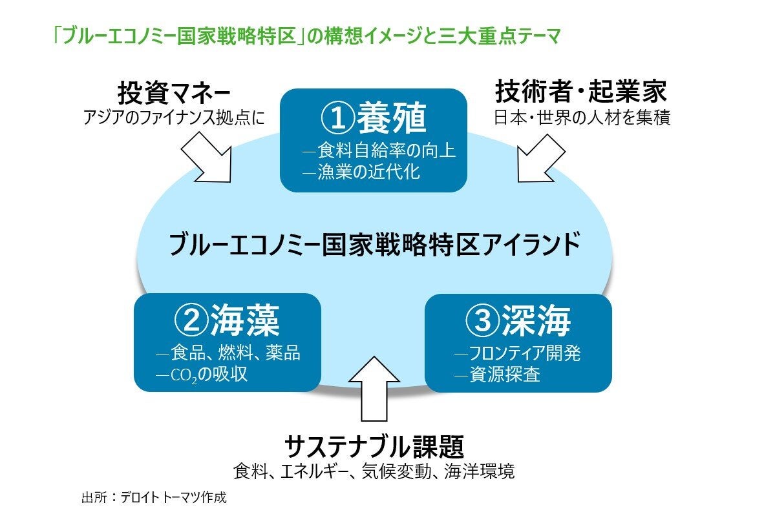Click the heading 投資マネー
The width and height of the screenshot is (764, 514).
click(x=174, y=92)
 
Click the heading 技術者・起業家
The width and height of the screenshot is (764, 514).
click(x=580, y=92)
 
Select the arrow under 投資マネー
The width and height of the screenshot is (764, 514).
click(x=206, y=158)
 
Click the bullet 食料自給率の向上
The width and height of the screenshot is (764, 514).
click(x=380, y=152)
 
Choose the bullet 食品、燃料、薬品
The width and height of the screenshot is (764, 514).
click(x=229, y=353)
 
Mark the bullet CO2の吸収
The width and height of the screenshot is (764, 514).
click(x=202, y=374)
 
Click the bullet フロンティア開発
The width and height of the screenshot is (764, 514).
click(x=518, y=353)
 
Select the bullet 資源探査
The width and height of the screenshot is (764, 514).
click(x=498, y=374)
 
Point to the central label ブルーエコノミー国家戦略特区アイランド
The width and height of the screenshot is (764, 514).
click(x=374, y=245)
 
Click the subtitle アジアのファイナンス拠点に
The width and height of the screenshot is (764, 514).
click(x=174, y=118)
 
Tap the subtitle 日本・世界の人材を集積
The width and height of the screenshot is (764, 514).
click(x=580, y=118)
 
